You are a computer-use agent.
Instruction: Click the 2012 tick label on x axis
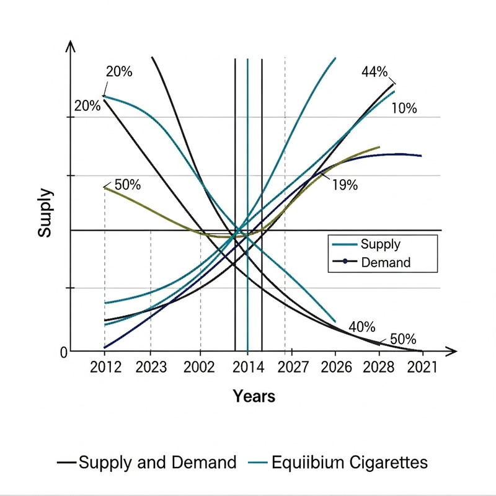click(104, 367)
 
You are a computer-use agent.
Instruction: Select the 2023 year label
click(151, 367)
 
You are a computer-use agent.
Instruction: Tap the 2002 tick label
click(200, 367)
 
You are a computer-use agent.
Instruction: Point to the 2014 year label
click(248, 367)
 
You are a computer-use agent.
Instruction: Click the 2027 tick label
click(293, 367)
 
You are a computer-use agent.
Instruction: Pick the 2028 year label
click(379, 367)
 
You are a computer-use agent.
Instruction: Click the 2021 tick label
click(422, 367)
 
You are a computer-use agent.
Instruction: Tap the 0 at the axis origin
click(63, 353)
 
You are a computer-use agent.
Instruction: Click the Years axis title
click(254, 396)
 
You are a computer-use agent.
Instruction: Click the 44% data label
click(374, 72)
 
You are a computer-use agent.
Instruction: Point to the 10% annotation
click(404, 108)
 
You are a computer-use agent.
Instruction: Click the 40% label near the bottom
click(362, 327)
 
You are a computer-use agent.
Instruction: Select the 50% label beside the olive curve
click(128, 185)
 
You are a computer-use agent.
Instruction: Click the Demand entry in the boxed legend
click(385, 262)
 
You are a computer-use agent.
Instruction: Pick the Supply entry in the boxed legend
click(380, 245)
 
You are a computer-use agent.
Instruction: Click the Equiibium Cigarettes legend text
click(349, 463)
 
